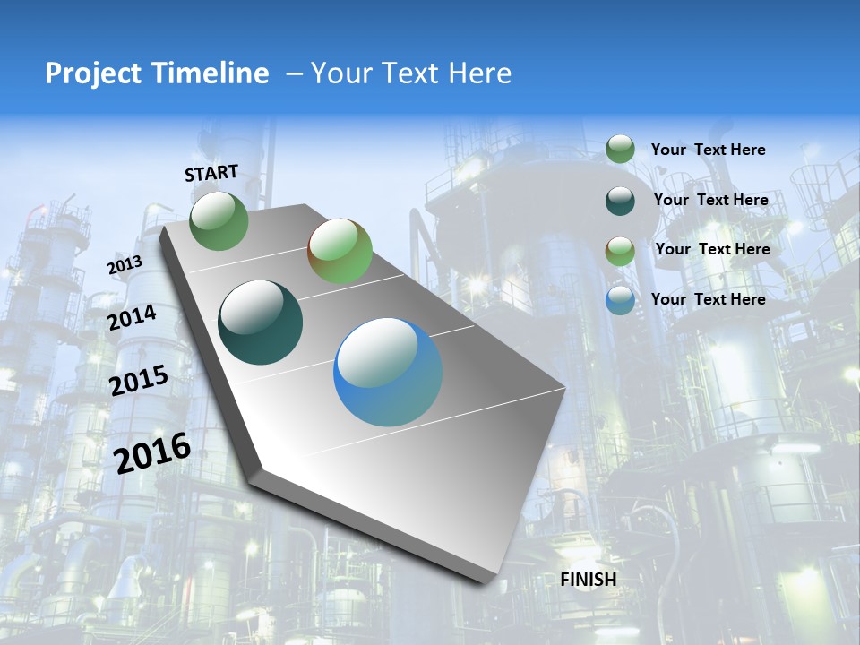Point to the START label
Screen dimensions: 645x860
click(x=211, y=173)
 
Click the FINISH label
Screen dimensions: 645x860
click(x=589, y=580)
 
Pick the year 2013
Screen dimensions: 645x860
click(x=125, y=265)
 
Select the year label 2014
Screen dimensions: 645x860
click(x=132, y=317)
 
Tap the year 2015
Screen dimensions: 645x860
click(x=139, y=381)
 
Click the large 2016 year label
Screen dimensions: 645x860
click(x=153, y=452)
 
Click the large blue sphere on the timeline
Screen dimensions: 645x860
click(x=388, y=372)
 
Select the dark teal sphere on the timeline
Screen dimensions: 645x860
click(x=260, y=322)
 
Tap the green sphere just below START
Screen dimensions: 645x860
click(x=219, y=220)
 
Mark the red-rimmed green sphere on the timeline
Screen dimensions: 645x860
click(x=340, y=251)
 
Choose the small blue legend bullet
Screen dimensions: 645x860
click(x=620, y=300)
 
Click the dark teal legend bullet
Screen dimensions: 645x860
click(x=620, y=201)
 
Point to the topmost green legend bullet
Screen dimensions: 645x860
click(x=620, y=150)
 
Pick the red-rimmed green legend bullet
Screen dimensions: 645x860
click(x=620, y=251)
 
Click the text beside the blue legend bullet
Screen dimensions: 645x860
click(x=709, y=299)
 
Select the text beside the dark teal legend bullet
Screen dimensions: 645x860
click(x=711, y=200)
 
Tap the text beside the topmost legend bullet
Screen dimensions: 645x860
click(x=709, y=150)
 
